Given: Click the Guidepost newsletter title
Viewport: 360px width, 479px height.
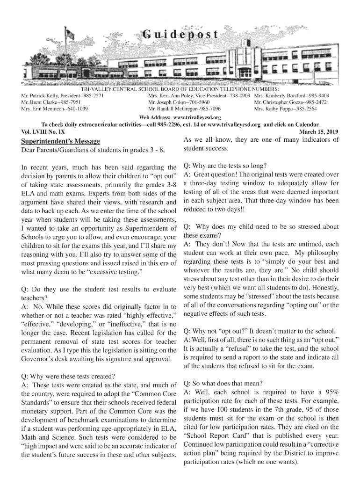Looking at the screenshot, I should pos(180,34).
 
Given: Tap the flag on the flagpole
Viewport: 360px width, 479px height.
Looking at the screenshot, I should pos(70,35).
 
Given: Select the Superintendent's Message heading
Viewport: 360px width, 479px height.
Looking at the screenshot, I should pos(61,141).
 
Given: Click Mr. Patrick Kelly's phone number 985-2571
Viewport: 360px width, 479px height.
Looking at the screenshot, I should pos(92,95).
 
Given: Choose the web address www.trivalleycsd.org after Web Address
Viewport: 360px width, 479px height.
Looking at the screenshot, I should pos(197,117).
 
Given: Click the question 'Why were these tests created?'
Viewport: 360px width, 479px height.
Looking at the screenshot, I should pos(69,376).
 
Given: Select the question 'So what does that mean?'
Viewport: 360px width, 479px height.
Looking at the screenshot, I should pos(223,382).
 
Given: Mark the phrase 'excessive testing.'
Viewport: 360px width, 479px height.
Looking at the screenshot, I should pos(115,271).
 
